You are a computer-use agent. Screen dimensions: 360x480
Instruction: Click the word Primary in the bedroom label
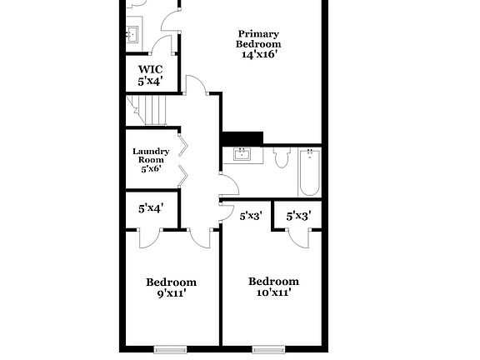(258, 34)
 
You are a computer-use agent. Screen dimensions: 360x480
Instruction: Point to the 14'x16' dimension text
(258, 54)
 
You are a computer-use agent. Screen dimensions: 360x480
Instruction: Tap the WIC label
(150, 69)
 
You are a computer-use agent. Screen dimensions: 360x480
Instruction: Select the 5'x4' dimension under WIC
(150, 82)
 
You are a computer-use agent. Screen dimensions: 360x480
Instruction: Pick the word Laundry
(151, 151)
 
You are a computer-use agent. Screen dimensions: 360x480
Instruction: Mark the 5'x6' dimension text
(151, 169)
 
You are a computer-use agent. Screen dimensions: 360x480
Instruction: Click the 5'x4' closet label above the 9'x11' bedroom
(150, 208)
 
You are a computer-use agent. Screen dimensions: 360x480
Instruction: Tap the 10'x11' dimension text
(272, 292)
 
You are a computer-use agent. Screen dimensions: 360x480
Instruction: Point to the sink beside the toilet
(242, 154)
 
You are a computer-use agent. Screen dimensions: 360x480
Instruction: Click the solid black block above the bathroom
(242, 137)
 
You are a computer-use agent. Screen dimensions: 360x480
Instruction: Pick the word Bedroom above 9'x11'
(171, 282)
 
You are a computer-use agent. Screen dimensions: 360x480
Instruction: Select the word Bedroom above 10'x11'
(273, 281)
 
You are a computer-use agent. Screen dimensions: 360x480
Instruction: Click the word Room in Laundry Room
(151, 160)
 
